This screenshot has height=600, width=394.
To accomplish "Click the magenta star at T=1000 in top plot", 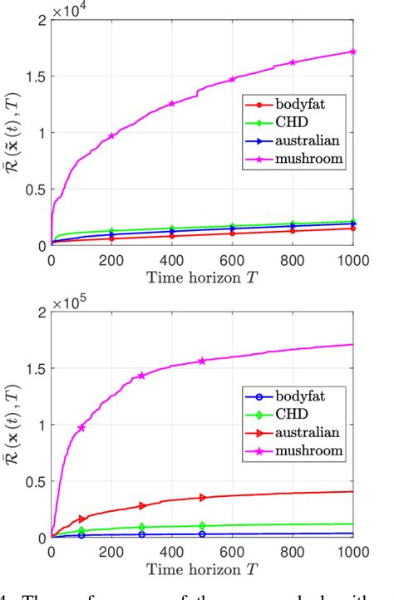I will point(352,52).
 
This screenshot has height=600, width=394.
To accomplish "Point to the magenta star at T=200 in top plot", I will point(111,136).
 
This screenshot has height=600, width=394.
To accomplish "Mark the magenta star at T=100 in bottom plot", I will point(81,428).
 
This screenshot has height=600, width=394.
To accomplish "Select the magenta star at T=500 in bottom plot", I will point(202,361).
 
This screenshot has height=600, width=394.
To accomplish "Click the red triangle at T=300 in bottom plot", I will point(142,505).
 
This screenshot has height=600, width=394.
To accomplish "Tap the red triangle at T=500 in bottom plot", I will point(202,498).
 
